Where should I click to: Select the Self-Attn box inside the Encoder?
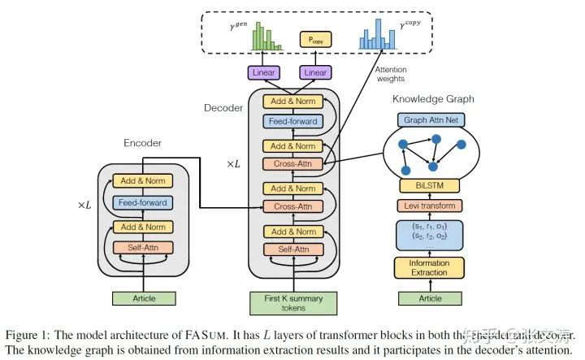coord(144,247)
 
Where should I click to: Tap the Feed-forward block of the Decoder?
coord(291,121)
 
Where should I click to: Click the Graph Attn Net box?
coord(432,119)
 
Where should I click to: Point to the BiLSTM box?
coord(432,185)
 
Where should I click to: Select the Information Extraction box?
coord(432,267)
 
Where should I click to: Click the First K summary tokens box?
coord(291,302)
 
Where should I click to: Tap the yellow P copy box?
coord(314,39)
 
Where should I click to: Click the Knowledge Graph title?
coord(433,99)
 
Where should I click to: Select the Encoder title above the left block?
coord(142,143)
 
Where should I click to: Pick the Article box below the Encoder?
coord(144,297)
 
